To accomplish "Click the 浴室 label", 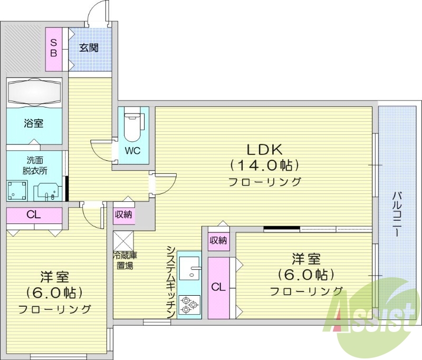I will click(x=33, y=123).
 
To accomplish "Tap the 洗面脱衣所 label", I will click(x=33, y=166).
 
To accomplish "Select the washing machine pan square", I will click(x=18, y=189).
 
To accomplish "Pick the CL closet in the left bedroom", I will click(x=34, y=215).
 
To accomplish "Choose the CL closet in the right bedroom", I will click(x=218, y=287).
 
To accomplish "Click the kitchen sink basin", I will click(x=189, y=268).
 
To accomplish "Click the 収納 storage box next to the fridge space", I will click(x=124, y=215).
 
